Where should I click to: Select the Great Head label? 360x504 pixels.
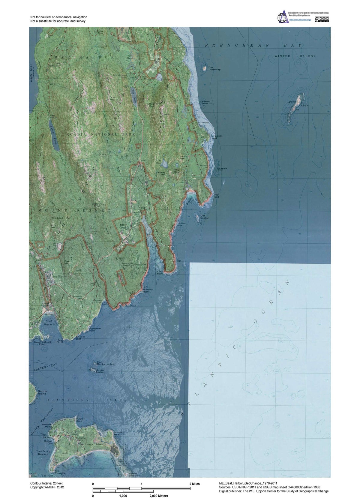tap(216, 196)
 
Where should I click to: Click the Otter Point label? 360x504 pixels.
tap(160, 272)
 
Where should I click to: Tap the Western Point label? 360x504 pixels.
tap(148, 290)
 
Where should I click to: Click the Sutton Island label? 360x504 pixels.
tap(42, 392)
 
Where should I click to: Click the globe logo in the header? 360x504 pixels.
tap(282, 16)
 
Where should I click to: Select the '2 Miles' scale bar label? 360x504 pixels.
tap(194, 484)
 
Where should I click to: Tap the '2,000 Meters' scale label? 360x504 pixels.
tap(159, 496)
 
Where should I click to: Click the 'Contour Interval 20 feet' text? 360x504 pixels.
tap(46, 483)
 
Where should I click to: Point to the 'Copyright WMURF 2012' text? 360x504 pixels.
tap(47, 487)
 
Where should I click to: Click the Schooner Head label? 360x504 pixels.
tap(217, 137)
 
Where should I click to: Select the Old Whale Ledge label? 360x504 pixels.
tap(222, 169)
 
